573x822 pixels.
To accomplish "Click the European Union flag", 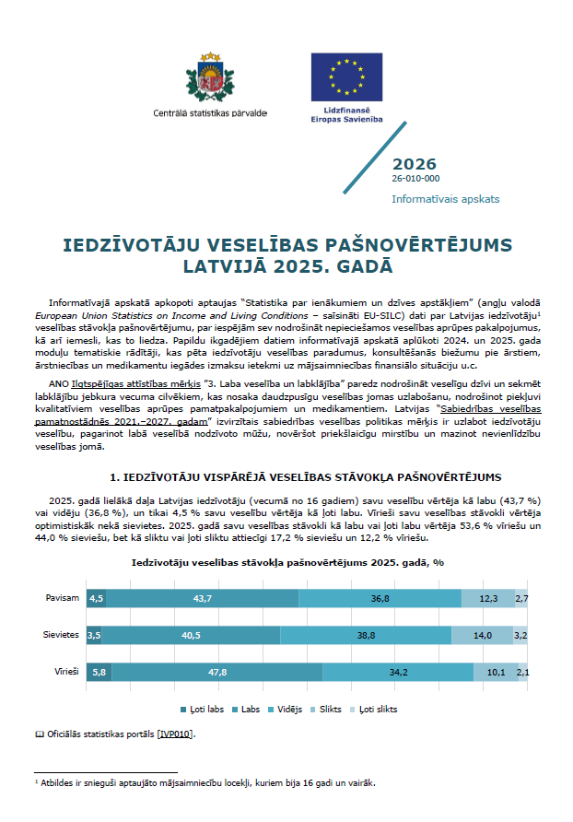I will [347, 76].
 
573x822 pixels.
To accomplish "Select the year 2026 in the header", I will [415, 163].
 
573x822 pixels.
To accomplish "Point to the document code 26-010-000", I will [415, 179].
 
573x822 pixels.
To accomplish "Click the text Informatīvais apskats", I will [445, 198].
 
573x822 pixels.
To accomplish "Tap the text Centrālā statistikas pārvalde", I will [210, 113].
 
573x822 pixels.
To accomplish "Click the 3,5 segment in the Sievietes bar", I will [93, 635].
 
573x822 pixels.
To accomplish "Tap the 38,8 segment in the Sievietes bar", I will [365, 635].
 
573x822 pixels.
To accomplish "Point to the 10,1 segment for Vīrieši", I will [496, 672].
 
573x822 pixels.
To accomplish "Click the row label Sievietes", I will [62, 635].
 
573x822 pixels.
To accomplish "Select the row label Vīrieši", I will [64, 672].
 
